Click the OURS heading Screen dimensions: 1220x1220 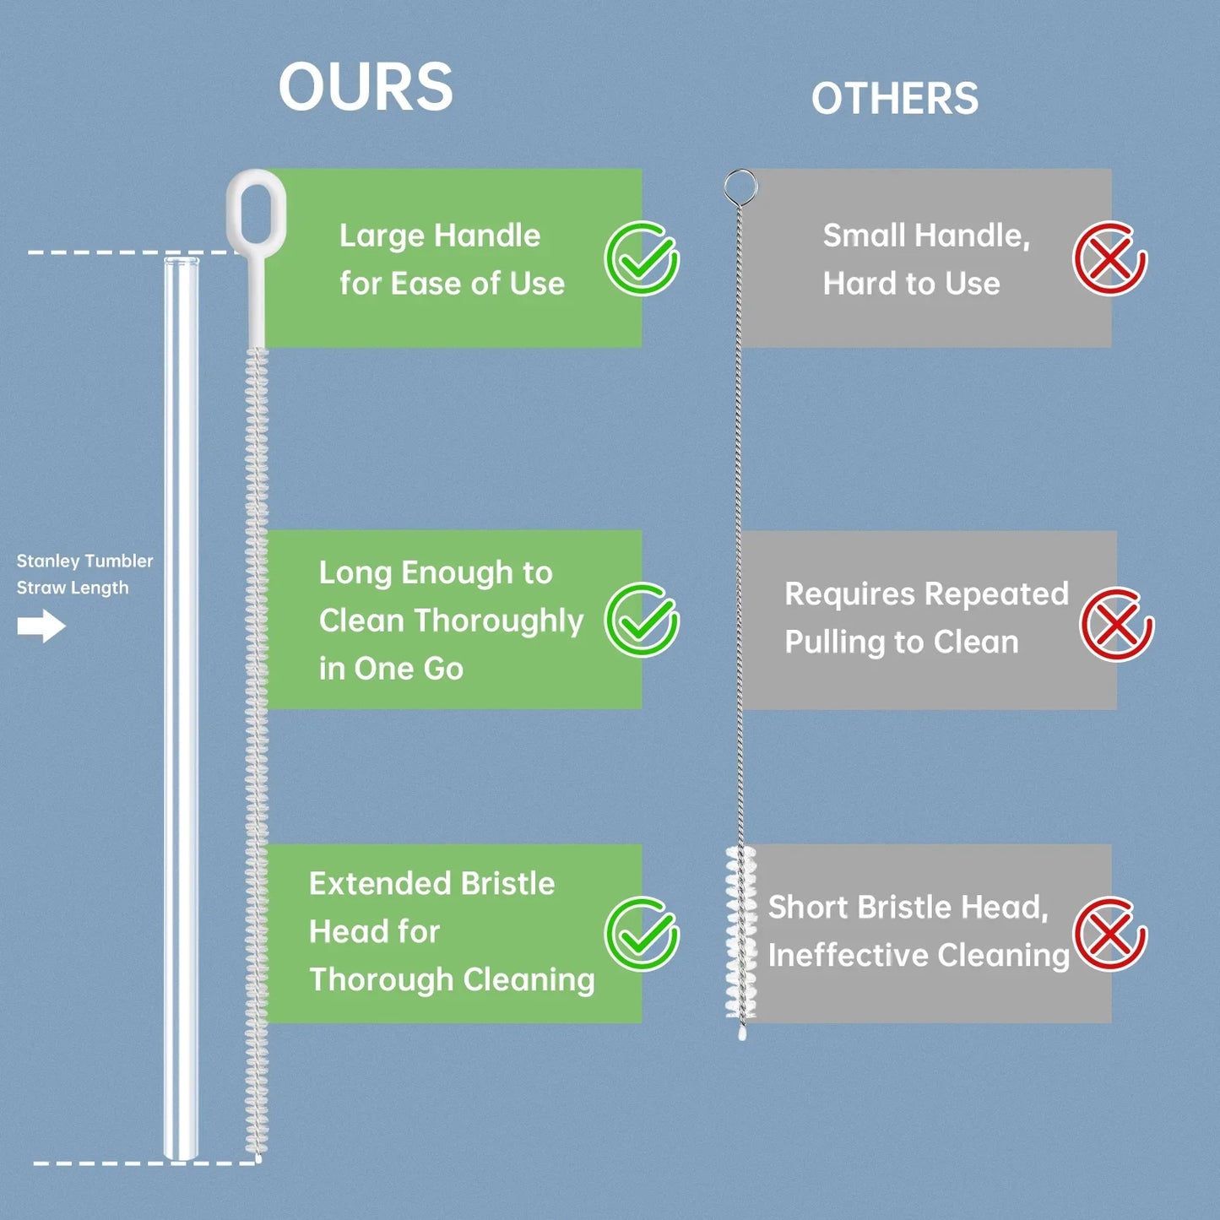pyautogui.click(x=366, y=87)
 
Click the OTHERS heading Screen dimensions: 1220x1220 pyautogui.click(x=895, y=99)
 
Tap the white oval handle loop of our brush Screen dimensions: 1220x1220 pyautogui.click(x=256, y=211)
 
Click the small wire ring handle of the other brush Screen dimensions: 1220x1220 pyautogui.click(x=740, y=187)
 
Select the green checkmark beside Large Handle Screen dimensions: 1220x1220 pyautogui.click(x=642, y=258)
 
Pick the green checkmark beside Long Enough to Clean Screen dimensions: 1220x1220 pyautogui.click(x=642, y=620)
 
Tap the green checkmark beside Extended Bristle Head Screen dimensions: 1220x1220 pyautogui.click(x=642, y=934)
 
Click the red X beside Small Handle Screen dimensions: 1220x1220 pyautogui.click(x=1109, y=258)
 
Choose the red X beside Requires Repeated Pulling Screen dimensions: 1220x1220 pyautogui.click(x=1116, y=625)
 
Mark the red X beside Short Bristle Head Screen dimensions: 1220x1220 pyautogui.click(x=1109, y=934)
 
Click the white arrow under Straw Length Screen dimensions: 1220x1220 pyautogui.click(x=41, y=626)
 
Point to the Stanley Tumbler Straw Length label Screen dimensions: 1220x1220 pyautogui.click(x=84, y=574)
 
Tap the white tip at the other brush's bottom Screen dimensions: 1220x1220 pyautogui.click(x=742, y=1033)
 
